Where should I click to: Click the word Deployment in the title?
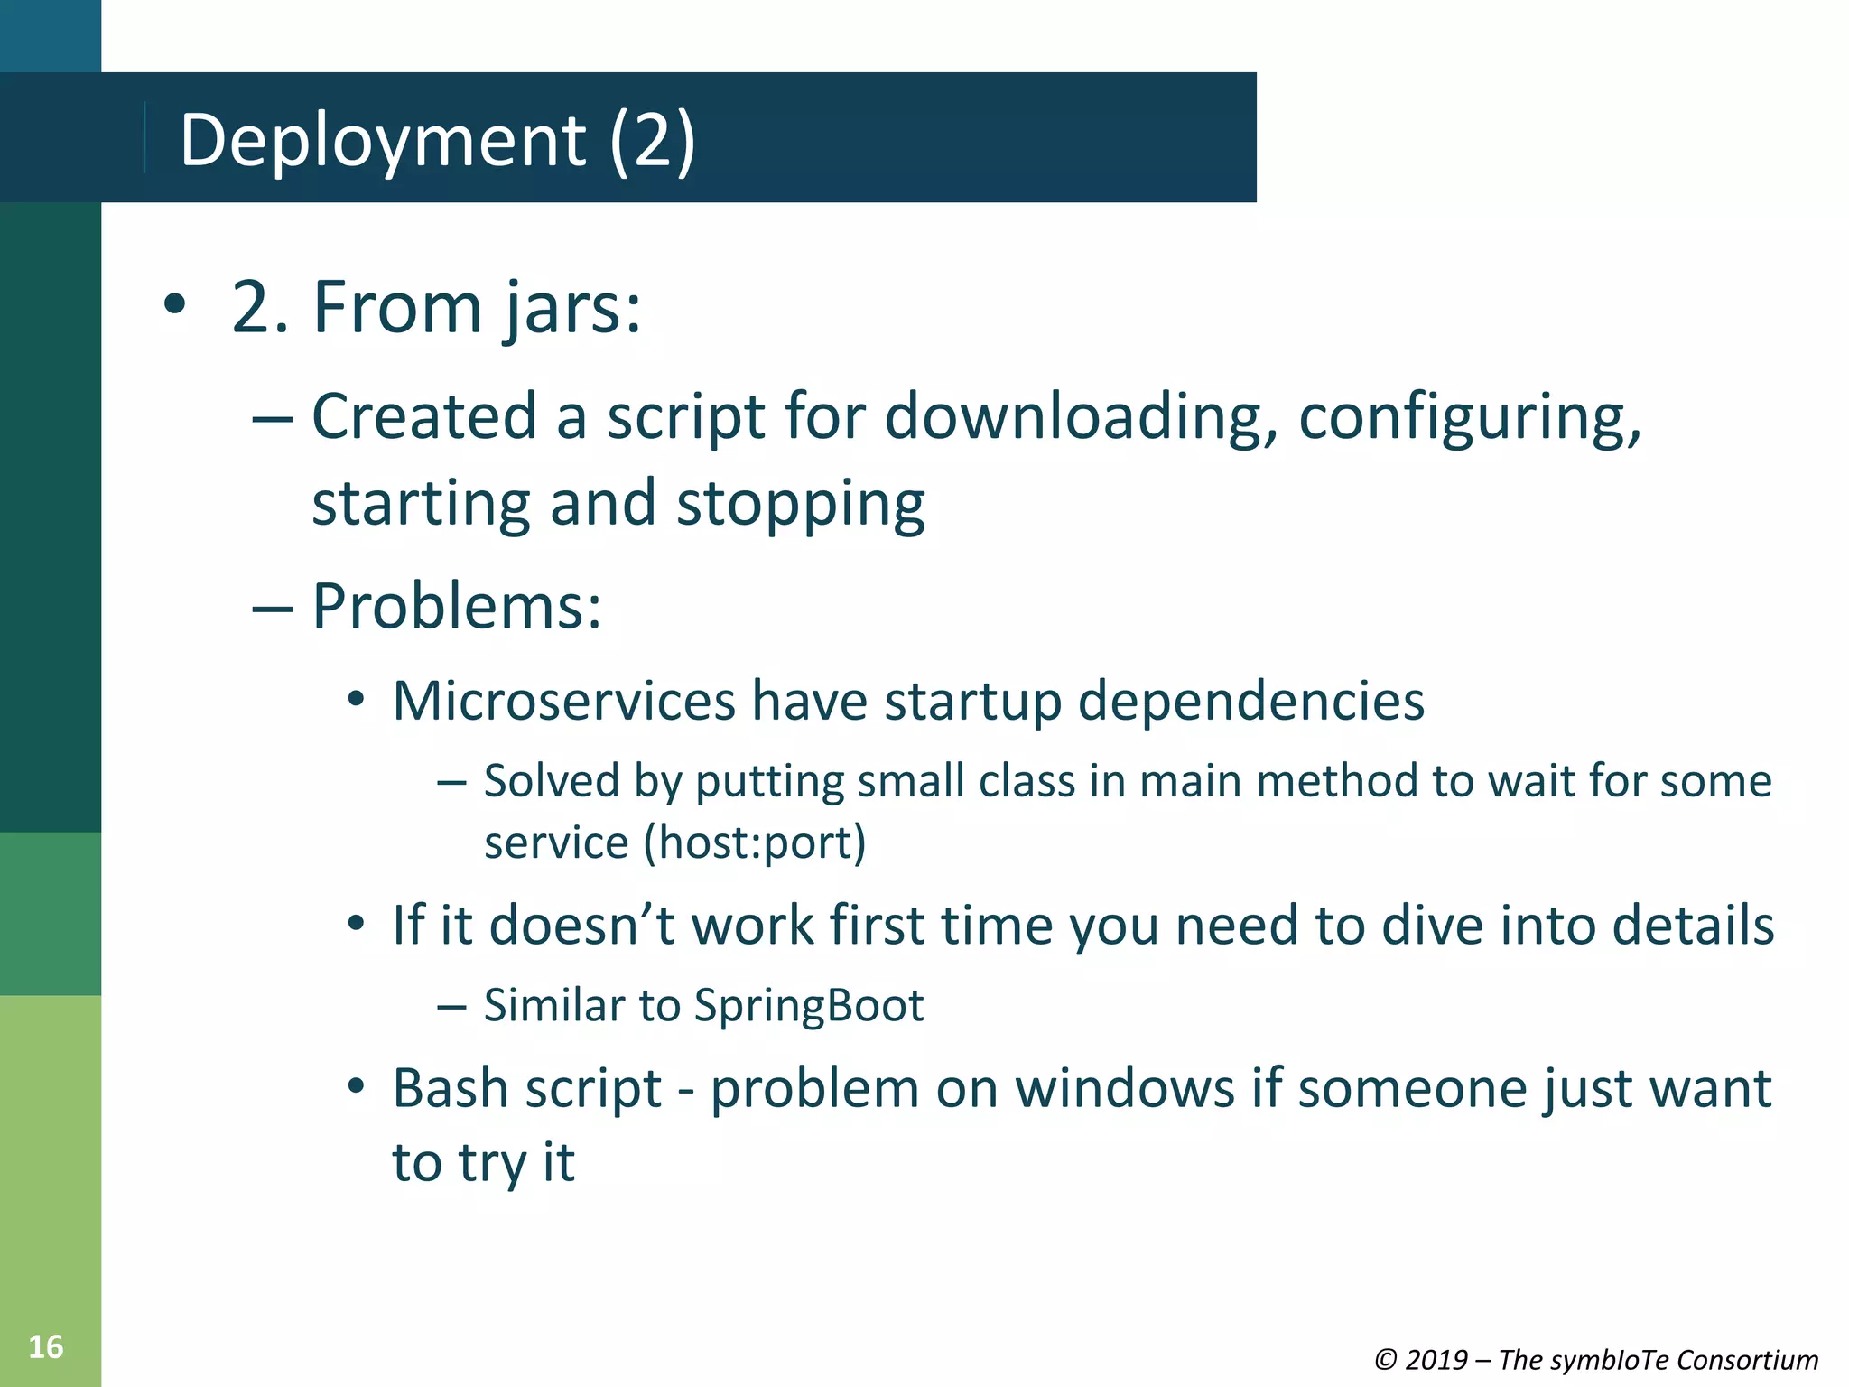click(383, 140)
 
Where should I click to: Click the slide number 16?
click(46, 1346)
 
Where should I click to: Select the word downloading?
click(1081, 417)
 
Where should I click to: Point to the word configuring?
click(1470, 417)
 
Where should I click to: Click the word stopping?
click(800, 504)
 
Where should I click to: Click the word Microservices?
click(564, 701)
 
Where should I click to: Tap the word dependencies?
click(1251, 701)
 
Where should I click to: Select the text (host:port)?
click(755, 842)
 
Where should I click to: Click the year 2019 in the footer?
click(1436, 1360)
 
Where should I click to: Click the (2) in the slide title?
click(652, 140)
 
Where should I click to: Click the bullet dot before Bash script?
click(357, 1085)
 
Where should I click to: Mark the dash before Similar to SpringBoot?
click(451, 1006)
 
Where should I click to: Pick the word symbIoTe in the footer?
click(1611, 1360)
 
